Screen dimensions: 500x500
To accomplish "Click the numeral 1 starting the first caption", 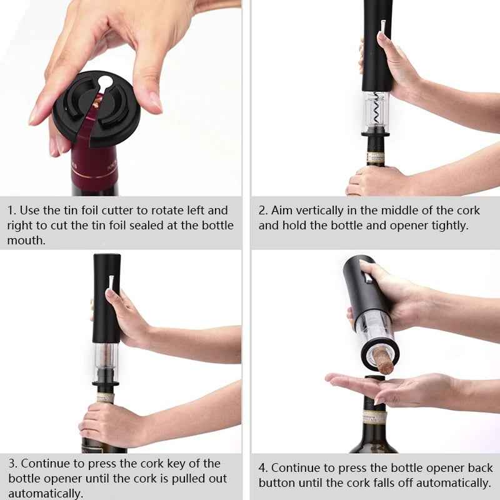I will pyautogui.click(x=11, y=211).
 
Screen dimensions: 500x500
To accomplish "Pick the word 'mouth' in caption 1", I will pyautogui.click(x=26, y=240).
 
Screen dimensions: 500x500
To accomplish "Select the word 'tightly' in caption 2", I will pyautogui.click(x=447, y=226).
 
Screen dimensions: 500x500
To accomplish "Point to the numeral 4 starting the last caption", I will pyautogui.click(x=262, y=468).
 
